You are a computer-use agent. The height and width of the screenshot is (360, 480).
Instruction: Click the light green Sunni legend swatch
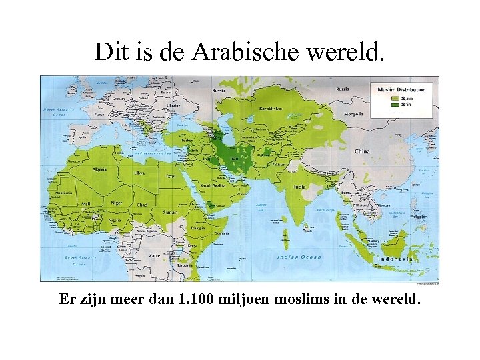pyautogui.click(x=395, y=98)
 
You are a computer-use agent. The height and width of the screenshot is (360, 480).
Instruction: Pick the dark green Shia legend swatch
pyautogui.click(x=395, y=105)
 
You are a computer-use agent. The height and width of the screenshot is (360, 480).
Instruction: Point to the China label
pyautogui.click(x=362, y=151)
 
